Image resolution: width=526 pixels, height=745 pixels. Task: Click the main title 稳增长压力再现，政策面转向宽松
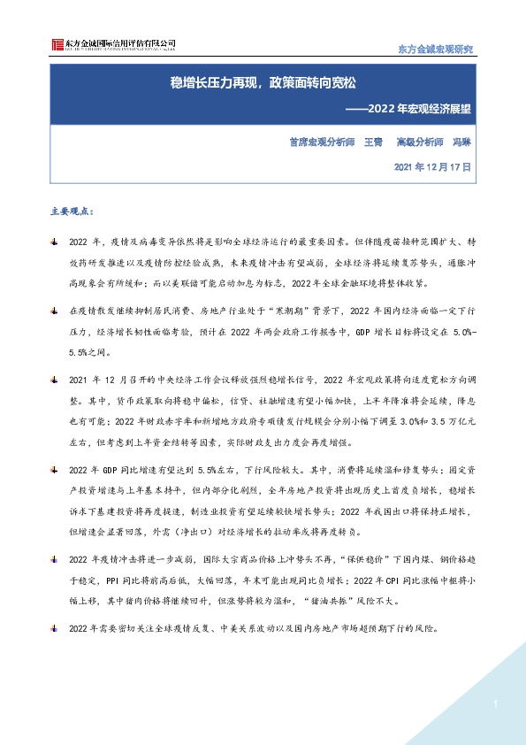(x=263, y=84)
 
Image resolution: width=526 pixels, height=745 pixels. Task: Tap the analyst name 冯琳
(x=461, y=141)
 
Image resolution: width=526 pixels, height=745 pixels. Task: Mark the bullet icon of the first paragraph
(x=55, y=242)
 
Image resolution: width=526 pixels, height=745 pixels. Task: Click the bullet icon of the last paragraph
(x=55, y=628)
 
